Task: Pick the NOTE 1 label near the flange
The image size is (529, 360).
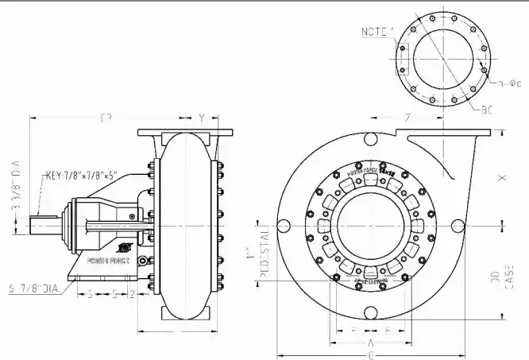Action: click(377, 32)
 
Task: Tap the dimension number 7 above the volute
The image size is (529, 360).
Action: click(407, 118)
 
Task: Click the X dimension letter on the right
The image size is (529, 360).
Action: click(501, 179)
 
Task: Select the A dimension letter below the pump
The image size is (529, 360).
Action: click(372, 342)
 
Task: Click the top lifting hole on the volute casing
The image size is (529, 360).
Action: click(372, 140)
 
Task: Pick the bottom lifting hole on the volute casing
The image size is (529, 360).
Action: click(372, 313)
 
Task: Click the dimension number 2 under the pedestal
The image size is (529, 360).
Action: click(132, 293)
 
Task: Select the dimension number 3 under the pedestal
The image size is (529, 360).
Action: click(89, 293)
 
